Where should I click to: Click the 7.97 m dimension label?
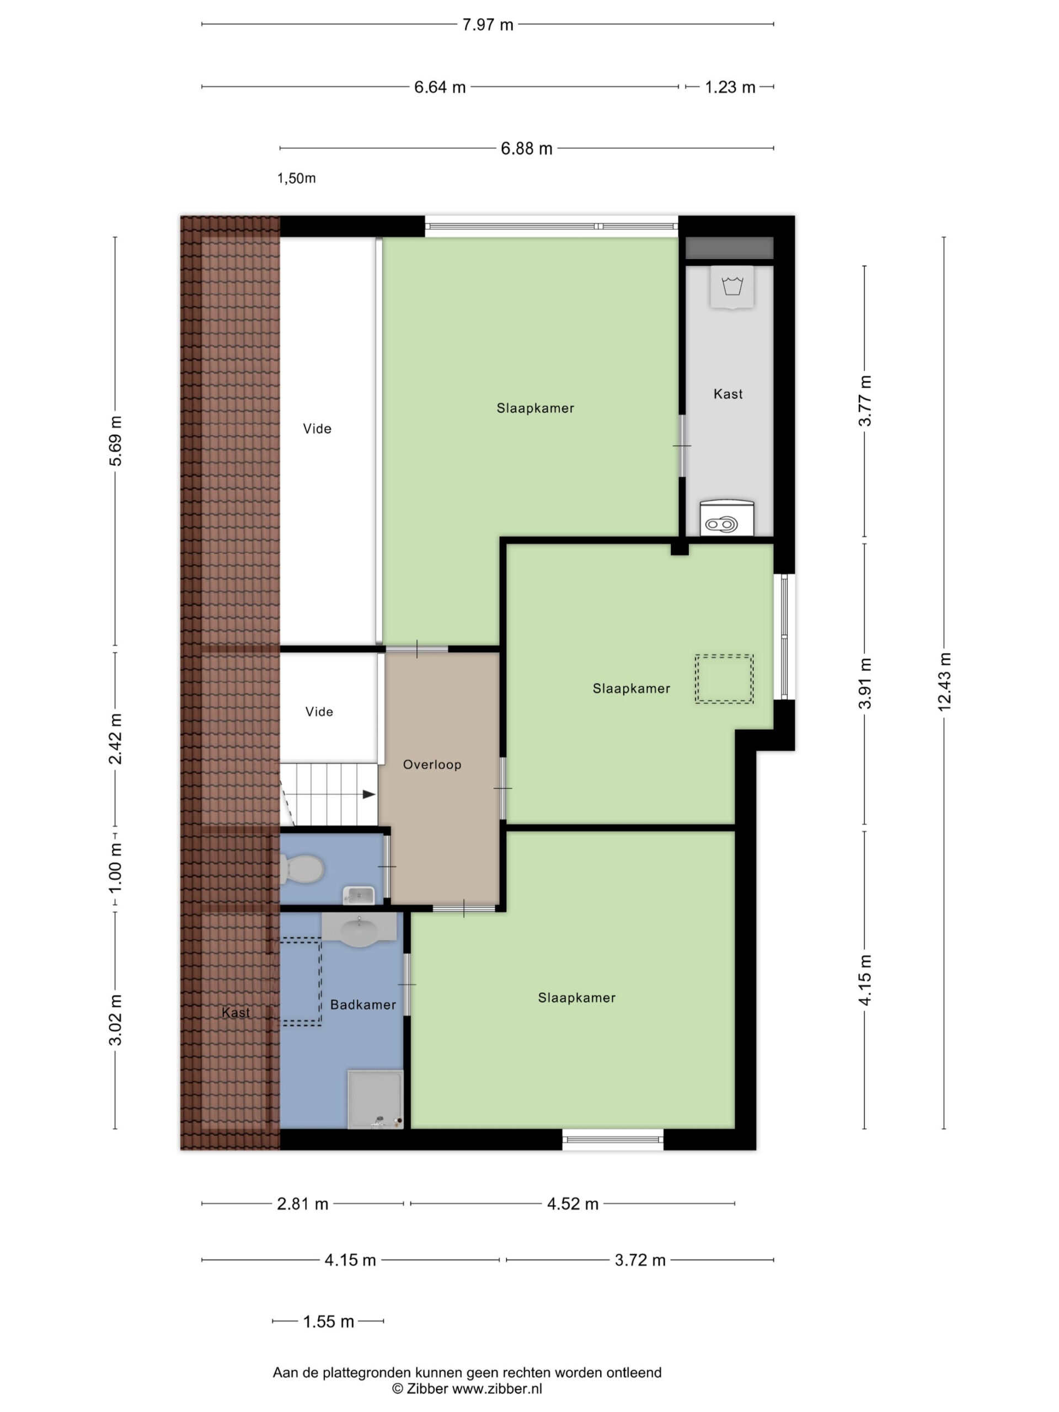tap(488, 25)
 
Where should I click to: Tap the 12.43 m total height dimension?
tap(944, 682)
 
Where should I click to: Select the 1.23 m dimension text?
tap(730, 87)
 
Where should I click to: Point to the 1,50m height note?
tap(296, 178)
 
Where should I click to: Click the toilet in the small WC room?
tap(302, 869)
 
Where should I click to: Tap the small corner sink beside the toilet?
tap(359, 895)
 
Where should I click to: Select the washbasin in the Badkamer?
tap(360, 930)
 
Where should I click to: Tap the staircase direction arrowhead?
tap(369, 794)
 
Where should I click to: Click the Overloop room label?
tap(432, 764)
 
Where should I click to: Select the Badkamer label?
tap(363, 1005)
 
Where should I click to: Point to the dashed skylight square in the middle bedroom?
tap(724, 678)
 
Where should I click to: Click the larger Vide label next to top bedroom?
tap(317, 429)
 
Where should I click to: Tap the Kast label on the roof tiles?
tap(236, 1013)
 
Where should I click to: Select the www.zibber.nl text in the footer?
tap(498, 1389)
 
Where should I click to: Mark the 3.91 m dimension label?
tap(865, 683)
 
